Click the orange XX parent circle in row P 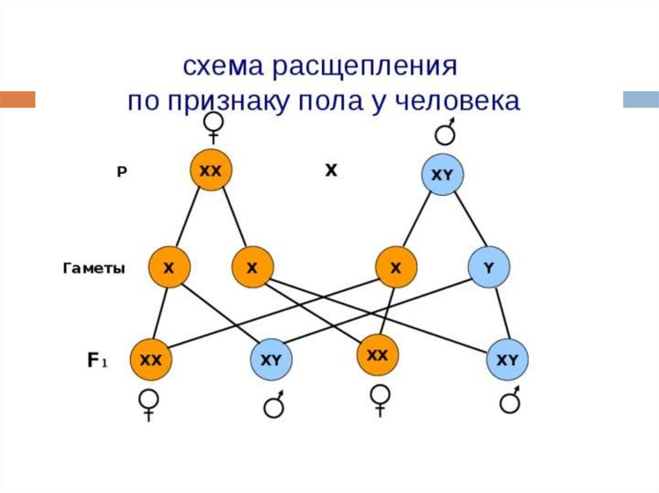[x=210, y=171]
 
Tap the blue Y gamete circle [x=489, y=268]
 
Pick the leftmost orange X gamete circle [x=169, y=268]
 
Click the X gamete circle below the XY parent [x=396, y=268]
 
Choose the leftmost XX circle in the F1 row [x=151, y=359]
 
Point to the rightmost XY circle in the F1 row [x=507, y=359]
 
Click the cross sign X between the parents [x=331, y=171]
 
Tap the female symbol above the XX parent [x=214, y=127]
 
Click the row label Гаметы [x=94, y=269]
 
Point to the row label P [x=121, y=172]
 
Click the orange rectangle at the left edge [x=17, y=100]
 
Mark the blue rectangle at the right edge [x=640, y=100]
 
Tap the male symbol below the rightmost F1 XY [x=510, y=402]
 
